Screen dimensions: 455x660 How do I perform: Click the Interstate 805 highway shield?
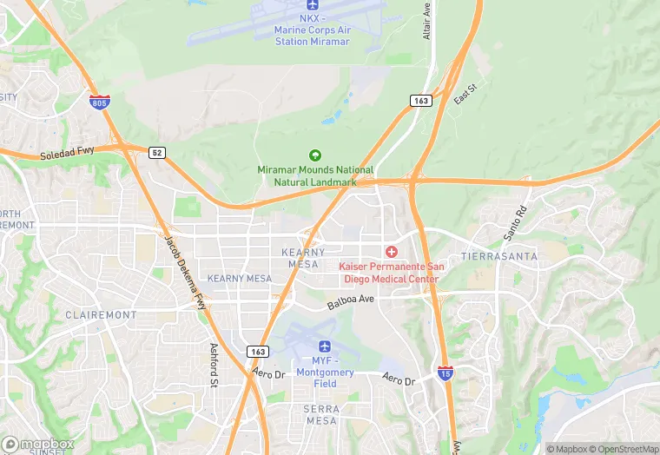coord(99,102)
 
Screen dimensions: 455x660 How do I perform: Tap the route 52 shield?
coord(156,152)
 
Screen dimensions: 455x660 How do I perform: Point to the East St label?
coord(466,95)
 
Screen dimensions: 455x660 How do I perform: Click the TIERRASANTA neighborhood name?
coord(499,257)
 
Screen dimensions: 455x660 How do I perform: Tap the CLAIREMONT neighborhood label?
coord(100,315)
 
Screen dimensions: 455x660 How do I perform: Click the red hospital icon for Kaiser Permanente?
coord(392,252)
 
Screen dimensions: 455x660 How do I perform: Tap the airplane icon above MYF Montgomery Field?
coord(325,349)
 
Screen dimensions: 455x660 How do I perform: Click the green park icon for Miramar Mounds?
coord(314,155)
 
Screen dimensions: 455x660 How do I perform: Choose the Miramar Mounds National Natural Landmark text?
coord(315,176)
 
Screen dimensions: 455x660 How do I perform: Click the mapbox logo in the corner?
coord(36,443)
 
